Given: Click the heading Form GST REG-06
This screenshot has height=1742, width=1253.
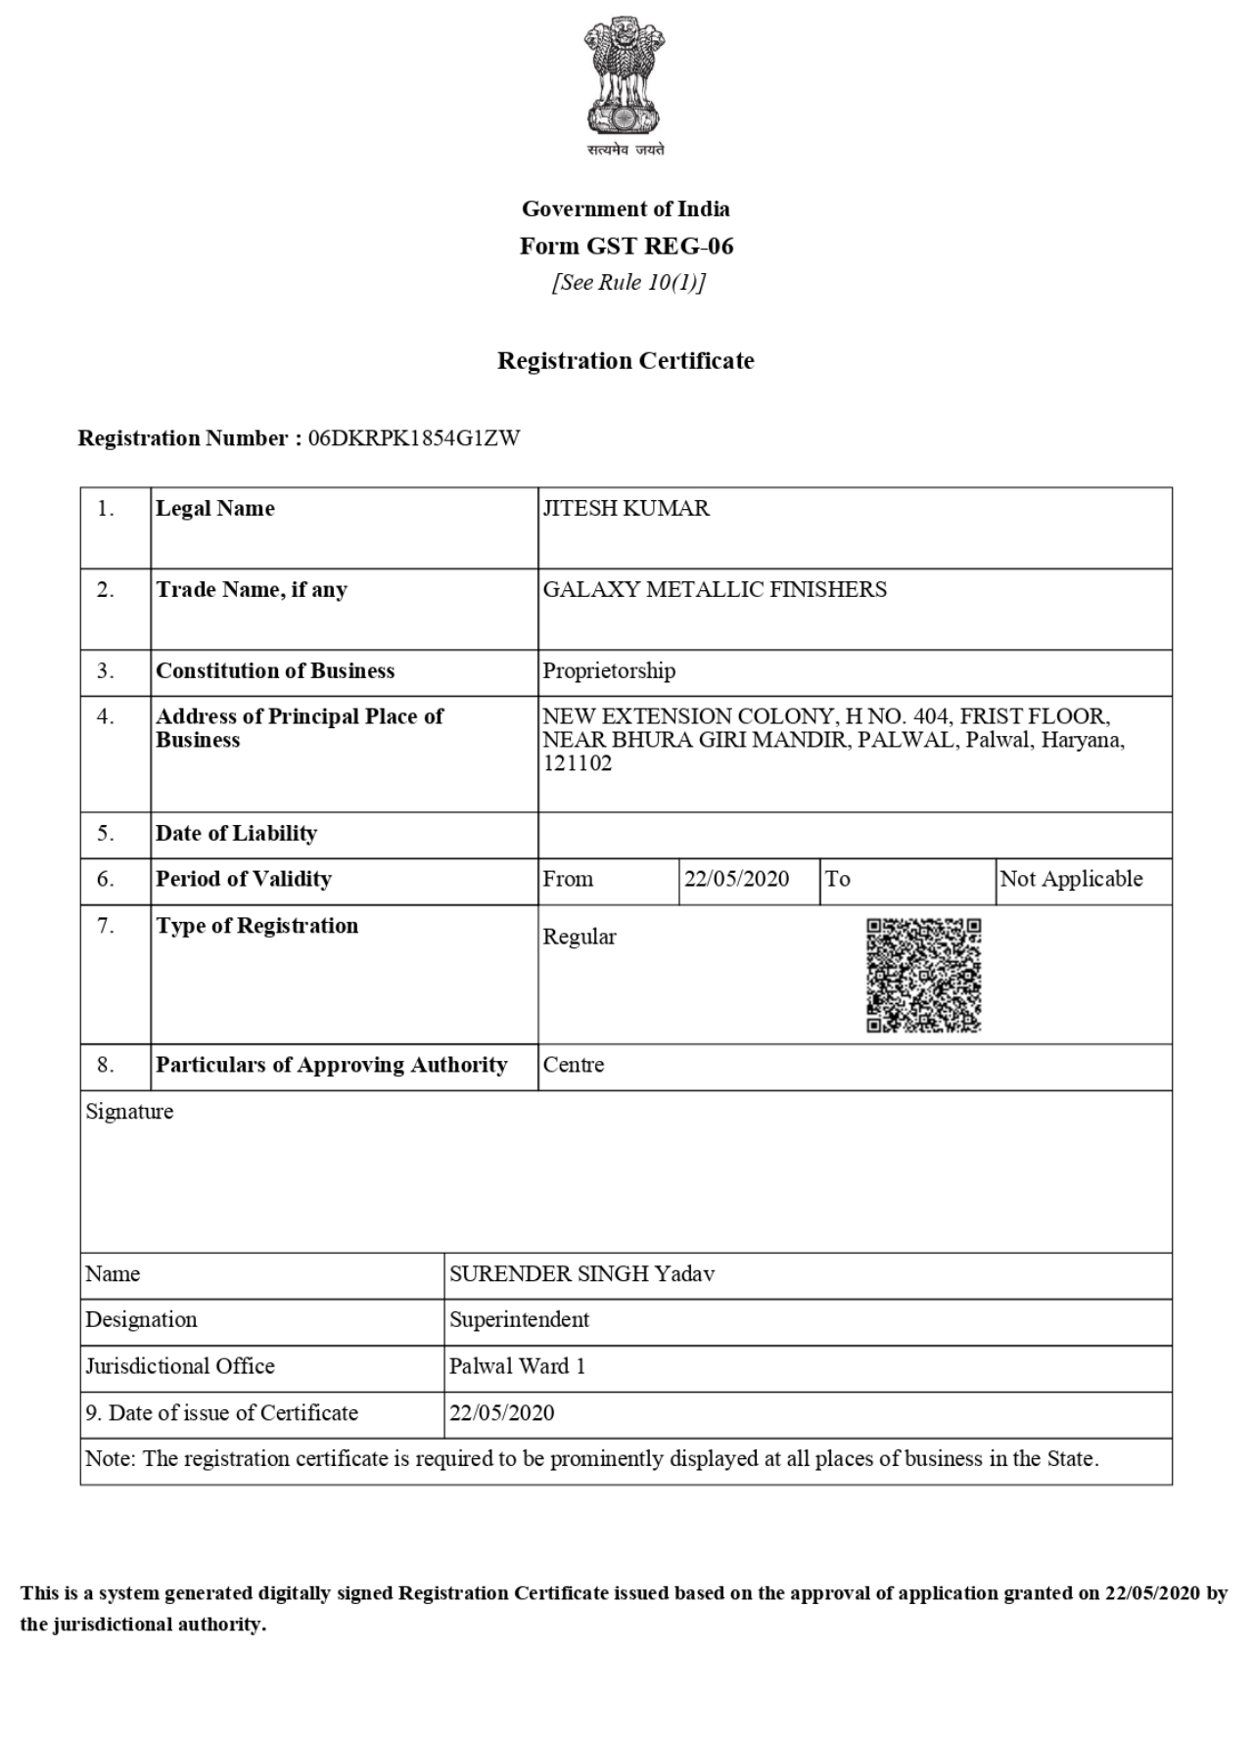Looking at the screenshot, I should (626, 246).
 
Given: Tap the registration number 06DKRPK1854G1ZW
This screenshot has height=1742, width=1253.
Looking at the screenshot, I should (414, 438).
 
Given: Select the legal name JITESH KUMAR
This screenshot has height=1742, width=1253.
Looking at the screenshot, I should (626, 508).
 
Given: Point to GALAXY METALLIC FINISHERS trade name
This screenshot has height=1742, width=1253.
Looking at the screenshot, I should (715, 589).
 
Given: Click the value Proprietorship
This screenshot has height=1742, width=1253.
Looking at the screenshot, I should (609, 671).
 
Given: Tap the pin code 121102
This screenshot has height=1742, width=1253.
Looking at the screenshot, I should (578, 763).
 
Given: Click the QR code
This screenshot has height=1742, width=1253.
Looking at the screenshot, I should (923, 975).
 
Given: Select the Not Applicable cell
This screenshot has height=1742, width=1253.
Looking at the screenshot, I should (1071, 879).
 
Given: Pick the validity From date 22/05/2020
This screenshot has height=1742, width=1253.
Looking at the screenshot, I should (736, 879).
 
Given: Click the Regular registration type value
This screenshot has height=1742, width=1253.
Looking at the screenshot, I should (580, 937).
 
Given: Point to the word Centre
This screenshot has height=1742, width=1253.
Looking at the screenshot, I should (574, 1065).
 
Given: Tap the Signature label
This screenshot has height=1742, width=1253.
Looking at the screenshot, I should (129, 1112).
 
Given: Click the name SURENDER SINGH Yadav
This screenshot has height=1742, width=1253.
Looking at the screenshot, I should (581, 1274).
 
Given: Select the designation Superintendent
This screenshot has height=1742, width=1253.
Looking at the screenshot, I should (519, 1319).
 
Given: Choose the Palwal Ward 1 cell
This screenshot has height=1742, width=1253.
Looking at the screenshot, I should (517, 1366).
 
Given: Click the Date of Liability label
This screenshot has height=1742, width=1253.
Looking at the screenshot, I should (236, 834).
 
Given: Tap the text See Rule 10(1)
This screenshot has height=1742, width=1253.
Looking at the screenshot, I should (627, 283).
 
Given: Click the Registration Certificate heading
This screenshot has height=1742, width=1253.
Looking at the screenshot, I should (626, 361).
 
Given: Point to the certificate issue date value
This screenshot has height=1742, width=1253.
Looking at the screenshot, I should (501, 1413).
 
